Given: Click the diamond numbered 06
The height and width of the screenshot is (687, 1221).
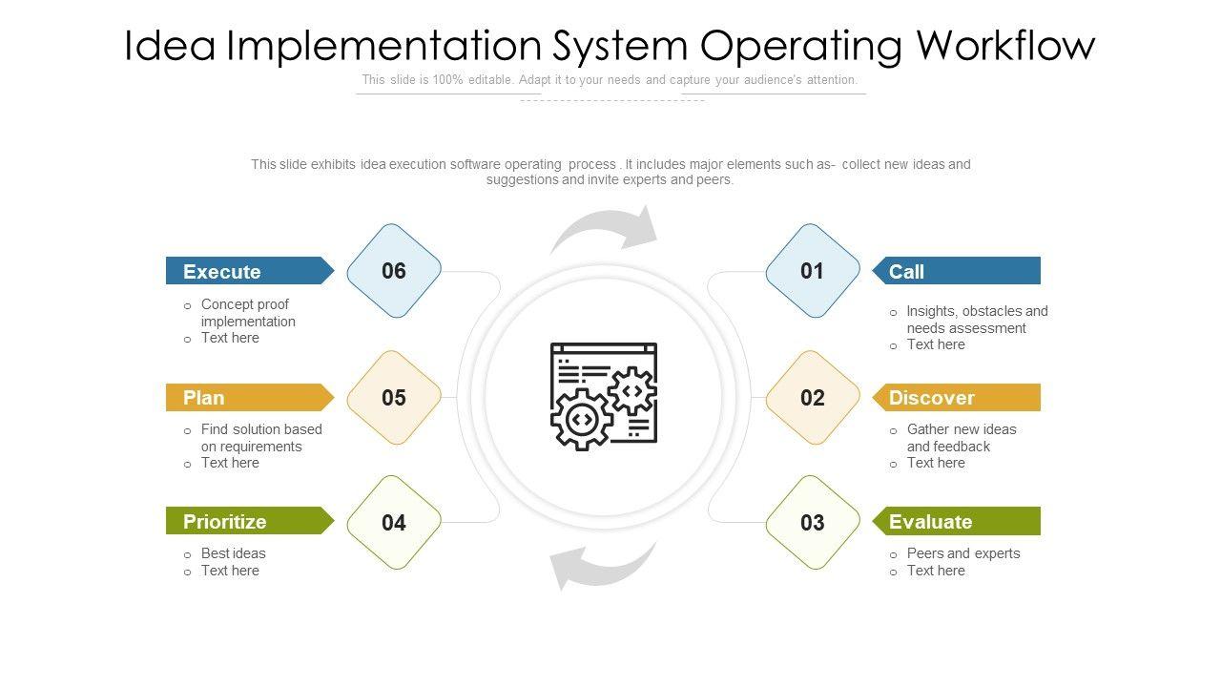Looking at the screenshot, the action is coord(394,271).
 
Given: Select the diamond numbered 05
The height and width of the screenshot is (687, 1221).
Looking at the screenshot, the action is coord(394,398).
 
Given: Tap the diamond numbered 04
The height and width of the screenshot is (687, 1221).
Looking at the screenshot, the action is coord(394,523).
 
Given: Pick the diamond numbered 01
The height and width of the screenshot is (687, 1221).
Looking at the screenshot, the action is coord(812,271).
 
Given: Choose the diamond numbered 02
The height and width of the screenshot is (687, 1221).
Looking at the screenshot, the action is coord(812,398).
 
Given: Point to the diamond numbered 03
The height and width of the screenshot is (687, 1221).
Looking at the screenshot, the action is coord(812,523).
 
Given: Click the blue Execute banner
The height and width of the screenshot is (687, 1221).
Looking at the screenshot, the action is coord(248,271).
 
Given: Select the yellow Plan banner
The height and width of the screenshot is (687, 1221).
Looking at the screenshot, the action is coord(248,398).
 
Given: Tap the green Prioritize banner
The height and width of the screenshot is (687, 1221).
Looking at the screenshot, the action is coord(248,521).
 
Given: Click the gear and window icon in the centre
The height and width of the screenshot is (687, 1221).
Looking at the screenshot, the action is coord(604,396).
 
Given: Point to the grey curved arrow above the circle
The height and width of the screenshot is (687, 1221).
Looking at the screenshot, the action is coord(607,230).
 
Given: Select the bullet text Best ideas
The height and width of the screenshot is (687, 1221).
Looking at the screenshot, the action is coord(233,553).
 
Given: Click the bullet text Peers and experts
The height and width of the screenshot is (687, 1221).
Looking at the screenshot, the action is coord(962,553).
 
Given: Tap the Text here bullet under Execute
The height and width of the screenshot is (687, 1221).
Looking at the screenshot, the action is coord(230,338).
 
